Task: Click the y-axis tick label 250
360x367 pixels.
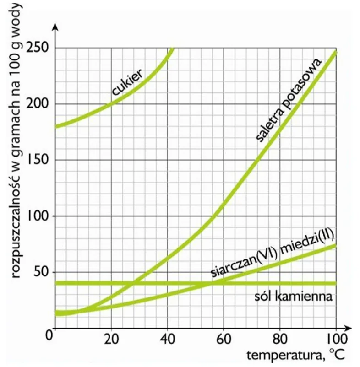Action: pos(38,48)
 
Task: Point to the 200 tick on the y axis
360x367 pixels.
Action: pos(38,104)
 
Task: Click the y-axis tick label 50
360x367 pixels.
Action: pos(41,272)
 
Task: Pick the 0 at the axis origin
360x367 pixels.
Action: pos(49,335)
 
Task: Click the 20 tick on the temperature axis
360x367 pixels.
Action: pos(111,339)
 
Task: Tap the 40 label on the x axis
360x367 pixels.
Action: pos(168,339)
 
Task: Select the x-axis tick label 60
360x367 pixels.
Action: pos(224,339)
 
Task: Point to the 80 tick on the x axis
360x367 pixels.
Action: pos(280,339)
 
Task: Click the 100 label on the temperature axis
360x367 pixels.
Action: pos(336,339)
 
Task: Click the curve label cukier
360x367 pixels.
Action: pos(127,82)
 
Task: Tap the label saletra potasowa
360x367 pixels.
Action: pos(289,100)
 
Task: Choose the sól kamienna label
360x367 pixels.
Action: pos(294,297)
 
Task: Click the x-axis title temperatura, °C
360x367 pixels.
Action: pos(296,355)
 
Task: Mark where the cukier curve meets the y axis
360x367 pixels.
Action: pos(55,127)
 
